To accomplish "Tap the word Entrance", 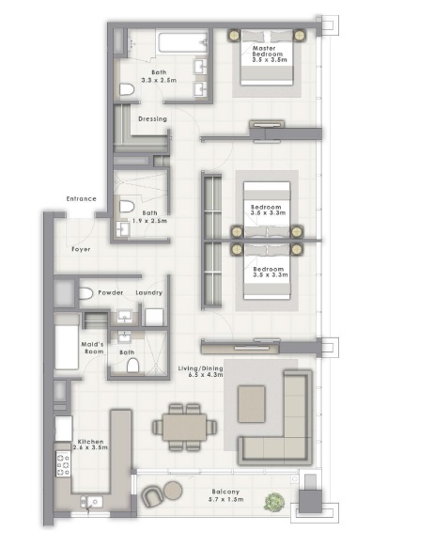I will pyautogui.click(x=82, y=199).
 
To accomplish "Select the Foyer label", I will pyautogui.click(x=82, y=250).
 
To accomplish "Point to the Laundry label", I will pyautogui.click(x=148, y=293).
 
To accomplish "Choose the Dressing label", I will pyautogui.click(x=152, y=119).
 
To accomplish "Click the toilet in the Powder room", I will pyautogui.click(x=85, y=294).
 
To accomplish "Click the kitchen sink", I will pyautogui.click(x=90, y=503).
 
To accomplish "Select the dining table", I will pyautogui.click(x=185, y=426).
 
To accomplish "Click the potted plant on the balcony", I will pyautogui.click(x=272, y=502).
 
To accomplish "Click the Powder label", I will pyautogui.click(x=111, y=293).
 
